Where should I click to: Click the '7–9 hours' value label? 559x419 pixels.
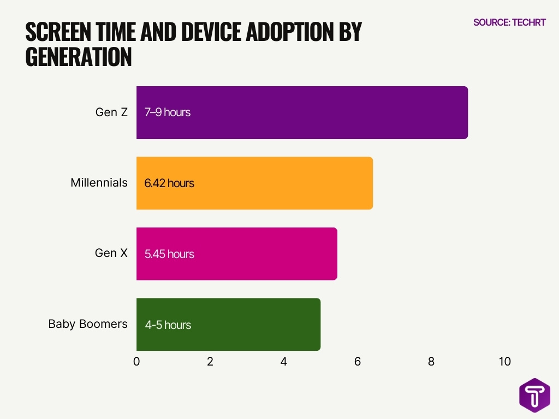click(168, 112)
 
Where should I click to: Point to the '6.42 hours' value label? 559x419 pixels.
click(169, 183)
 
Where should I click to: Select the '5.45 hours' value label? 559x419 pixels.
click(169, 254)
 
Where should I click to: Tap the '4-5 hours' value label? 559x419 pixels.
click(168, 325)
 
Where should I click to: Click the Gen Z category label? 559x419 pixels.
click(111, 112)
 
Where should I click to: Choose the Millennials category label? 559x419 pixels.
click(99, 183)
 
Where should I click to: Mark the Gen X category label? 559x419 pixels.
click(111, 253)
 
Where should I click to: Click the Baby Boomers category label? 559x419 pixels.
click(88, 324)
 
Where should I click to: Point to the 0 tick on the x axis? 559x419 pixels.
click(136, 361)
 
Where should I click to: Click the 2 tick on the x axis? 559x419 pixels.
click(210, 361)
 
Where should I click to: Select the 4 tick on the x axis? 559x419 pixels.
click(284, 361)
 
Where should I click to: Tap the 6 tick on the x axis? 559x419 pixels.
click(358, 361)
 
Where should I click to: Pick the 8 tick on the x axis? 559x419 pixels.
click(431, 361)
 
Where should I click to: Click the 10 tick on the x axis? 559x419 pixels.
click(504, 361)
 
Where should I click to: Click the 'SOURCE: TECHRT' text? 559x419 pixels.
click(509, 22)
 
